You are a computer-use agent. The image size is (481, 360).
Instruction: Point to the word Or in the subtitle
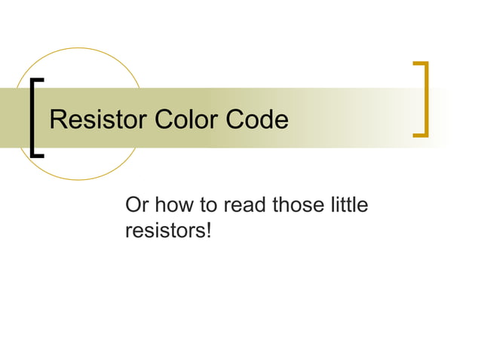click(136, 205)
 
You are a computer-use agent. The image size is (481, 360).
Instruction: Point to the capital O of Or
click(133, 205)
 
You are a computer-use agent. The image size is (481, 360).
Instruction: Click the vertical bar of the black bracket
click(32, 117)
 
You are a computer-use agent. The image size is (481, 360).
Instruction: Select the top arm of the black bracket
click(37, 80)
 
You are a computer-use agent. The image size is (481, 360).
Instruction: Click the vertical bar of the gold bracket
click(427, 99)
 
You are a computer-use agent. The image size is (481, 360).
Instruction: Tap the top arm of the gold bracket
click(421, 63)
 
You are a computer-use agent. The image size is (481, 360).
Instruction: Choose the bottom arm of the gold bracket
click(421, 136)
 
